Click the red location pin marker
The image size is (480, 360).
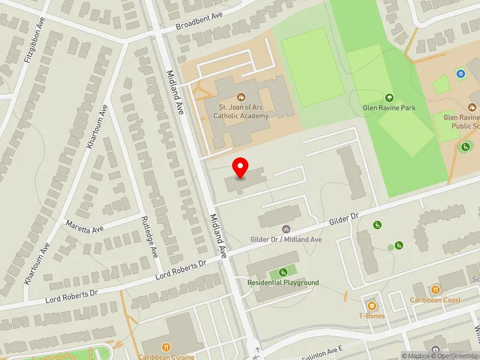(241, 167)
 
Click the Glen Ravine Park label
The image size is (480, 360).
(389, 108)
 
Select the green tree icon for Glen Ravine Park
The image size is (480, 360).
(389, 97)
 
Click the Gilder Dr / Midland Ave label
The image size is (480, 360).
(286, 239)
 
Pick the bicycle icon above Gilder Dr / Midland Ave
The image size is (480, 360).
(286, 229)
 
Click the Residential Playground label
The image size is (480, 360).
(283, 283)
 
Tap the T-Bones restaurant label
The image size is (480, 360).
(372, 316)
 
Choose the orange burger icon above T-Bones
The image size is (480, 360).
(372, 305)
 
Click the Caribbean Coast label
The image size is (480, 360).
(435, 300)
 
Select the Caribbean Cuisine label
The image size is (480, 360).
(166, 356)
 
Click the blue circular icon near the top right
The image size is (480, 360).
(460, 74)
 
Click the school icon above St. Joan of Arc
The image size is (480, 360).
(241, 97)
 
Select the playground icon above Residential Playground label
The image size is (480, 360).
(283, 272)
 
